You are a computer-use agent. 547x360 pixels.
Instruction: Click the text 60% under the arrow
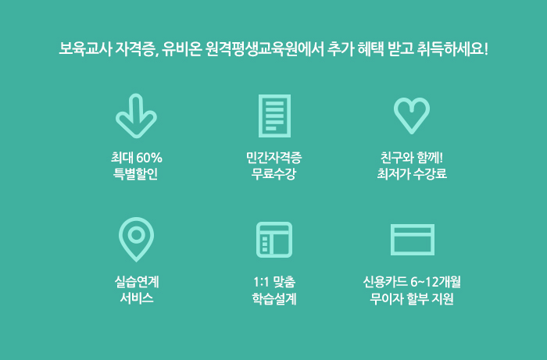pyautogui.click(x=149, y=158)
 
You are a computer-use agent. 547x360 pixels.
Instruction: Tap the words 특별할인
pyautogui.click(x=135, y=174)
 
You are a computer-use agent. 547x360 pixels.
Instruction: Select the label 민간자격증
pyautogui.click(x=273, y=158)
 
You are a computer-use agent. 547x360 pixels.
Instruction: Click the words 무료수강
pyautogui.click(x=273, y=174)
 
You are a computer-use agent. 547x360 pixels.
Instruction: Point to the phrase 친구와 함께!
pyautogui.click(x=412, y=158)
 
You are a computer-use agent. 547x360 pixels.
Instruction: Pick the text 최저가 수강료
pyautogui.click(x=412, y=174)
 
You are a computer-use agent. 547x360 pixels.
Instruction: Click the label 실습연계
pyautogui.click(x=137, y=282)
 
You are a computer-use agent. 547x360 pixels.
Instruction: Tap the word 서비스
pyautogui.click(x=137, y=298)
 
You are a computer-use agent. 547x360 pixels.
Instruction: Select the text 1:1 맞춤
pyautogui.click(x=274, y=282)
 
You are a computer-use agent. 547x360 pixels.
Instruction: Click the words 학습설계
pyautogui.click(x=274, y=298)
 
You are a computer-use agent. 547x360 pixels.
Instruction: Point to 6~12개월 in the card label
pyautogui.click(x=436, y=282)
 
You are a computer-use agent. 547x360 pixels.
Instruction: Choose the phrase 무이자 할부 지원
pyautogui.click(x=412, y=298)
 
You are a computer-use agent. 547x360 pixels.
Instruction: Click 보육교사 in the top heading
pyautogui.click(x=85, y=48)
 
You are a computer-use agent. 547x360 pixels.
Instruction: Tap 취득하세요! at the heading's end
pyautogui.click(x=452, y=48)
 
